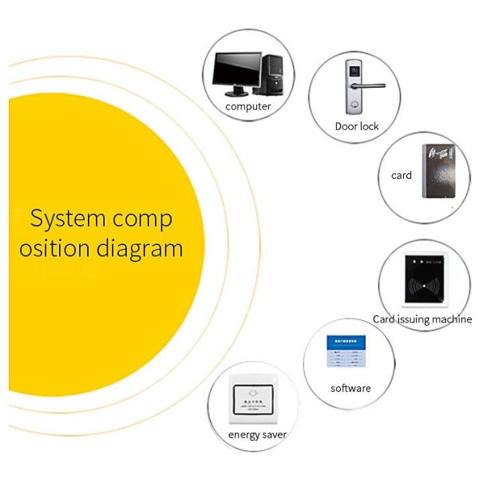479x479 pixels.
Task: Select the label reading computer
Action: pos(248,106)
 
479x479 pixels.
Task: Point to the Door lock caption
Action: pos(357,126)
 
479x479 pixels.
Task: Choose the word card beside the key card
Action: pos(402,175)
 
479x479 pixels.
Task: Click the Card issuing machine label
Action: pos(422,319)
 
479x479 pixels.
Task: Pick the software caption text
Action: pos(350,388)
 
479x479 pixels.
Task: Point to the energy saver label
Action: pos(257,434)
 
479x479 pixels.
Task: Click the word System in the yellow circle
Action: pos(66,218)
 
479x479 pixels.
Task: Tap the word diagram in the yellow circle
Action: pos(140,248)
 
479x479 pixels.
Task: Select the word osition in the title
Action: pos(54,248)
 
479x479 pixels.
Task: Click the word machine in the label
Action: pos(449,319)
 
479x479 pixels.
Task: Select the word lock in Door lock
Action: pos(369,126)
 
